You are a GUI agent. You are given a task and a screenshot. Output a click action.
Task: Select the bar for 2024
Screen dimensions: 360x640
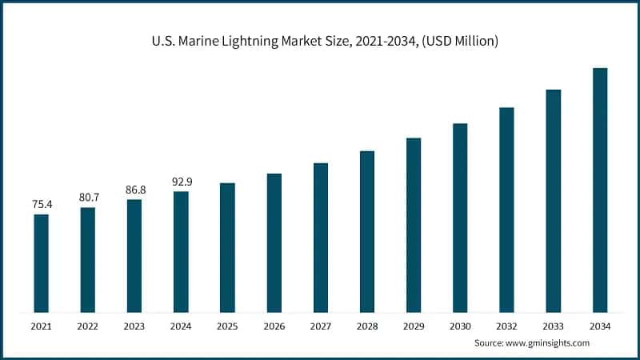pyautogui.click(x=181, y=251)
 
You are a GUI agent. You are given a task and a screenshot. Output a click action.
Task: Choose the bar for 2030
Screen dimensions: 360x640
pyautogui.click(x=460, y=218)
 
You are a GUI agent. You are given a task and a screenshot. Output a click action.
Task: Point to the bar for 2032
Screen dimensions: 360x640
pyautogui.click(x=506, y=210)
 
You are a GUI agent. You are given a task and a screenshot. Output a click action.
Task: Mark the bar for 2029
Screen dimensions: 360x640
pyautogui.click(x=414, y=225)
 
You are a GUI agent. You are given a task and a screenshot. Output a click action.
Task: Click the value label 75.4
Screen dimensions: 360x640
pyautogui.click(x=42, y=205)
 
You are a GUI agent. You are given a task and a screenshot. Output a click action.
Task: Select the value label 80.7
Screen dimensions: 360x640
pyautogui.click(x=88, y=197)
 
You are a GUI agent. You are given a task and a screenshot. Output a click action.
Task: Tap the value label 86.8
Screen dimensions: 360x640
pyautogui.click(x=134, y=190)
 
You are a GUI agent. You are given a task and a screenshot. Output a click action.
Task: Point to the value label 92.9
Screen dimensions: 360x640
pyautogui.click(x=182, y=182)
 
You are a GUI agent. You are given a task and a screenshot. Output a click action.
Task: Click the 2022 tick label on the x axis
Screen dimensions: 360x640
pyautogui.click(x=88, y=326)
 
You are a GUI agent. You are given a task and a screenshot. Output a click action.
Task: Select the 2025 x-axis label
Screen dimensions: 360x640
pyautogui.click(x=227, y=326)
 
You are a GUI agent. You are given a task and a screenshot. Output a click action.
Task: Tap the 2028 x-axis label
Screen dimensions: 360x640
pyautogui.click(x=367, y=326)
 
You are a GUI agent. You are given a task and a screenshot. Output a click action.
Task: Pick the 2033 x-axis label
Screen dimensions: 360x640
pyautogui.click(x=553, y=326)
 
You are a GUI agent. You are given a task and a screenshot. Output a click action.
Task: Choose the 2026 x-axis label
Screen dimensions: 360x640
pyautogui.click(x=274, y=326)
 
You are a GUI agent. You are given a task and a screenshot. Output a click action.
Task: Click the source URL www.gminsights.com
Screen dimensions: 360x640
pyautogui.click(x=548, y=342)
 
